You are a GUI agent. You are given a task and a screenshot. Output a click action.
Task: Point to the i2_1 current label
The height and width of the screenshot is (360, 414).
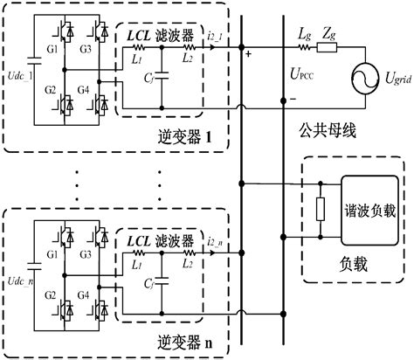point(215,33)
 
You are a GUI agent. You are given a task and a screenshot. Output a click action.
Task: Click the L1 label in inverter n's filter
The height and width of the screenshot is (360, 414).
point(142,264)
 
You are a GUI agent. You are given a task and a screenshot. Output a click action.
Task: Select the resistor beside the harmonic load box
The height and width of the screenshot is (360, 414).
point(321,209)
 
